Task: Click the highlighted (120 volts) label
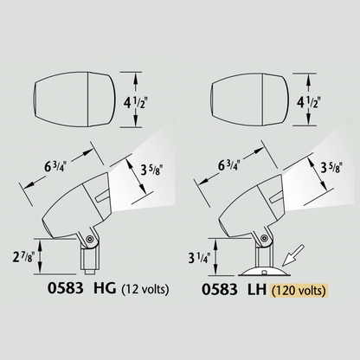pyautogui.click(x=299, y=291)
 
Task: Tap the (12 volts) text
pyautogui.click(x=145, y=289)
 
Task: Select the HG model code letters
pyautogui.click(x=105, y=288)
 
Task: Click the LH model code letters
pyautogui.click(x=257, y=289)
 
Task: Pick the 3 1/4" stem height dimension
pyautogui.click(x=199, y=257)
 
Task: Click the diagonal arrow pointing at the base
pyautogui.click(x=292, y=255)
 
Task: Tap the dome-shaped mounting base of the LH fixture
pyautogui.click(x=264, y=272)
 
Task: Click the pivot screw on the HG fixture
pyautogui.click(x=90, y=239)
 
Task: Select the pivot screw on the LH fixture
pyautogui.click(x=263, y=238)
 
